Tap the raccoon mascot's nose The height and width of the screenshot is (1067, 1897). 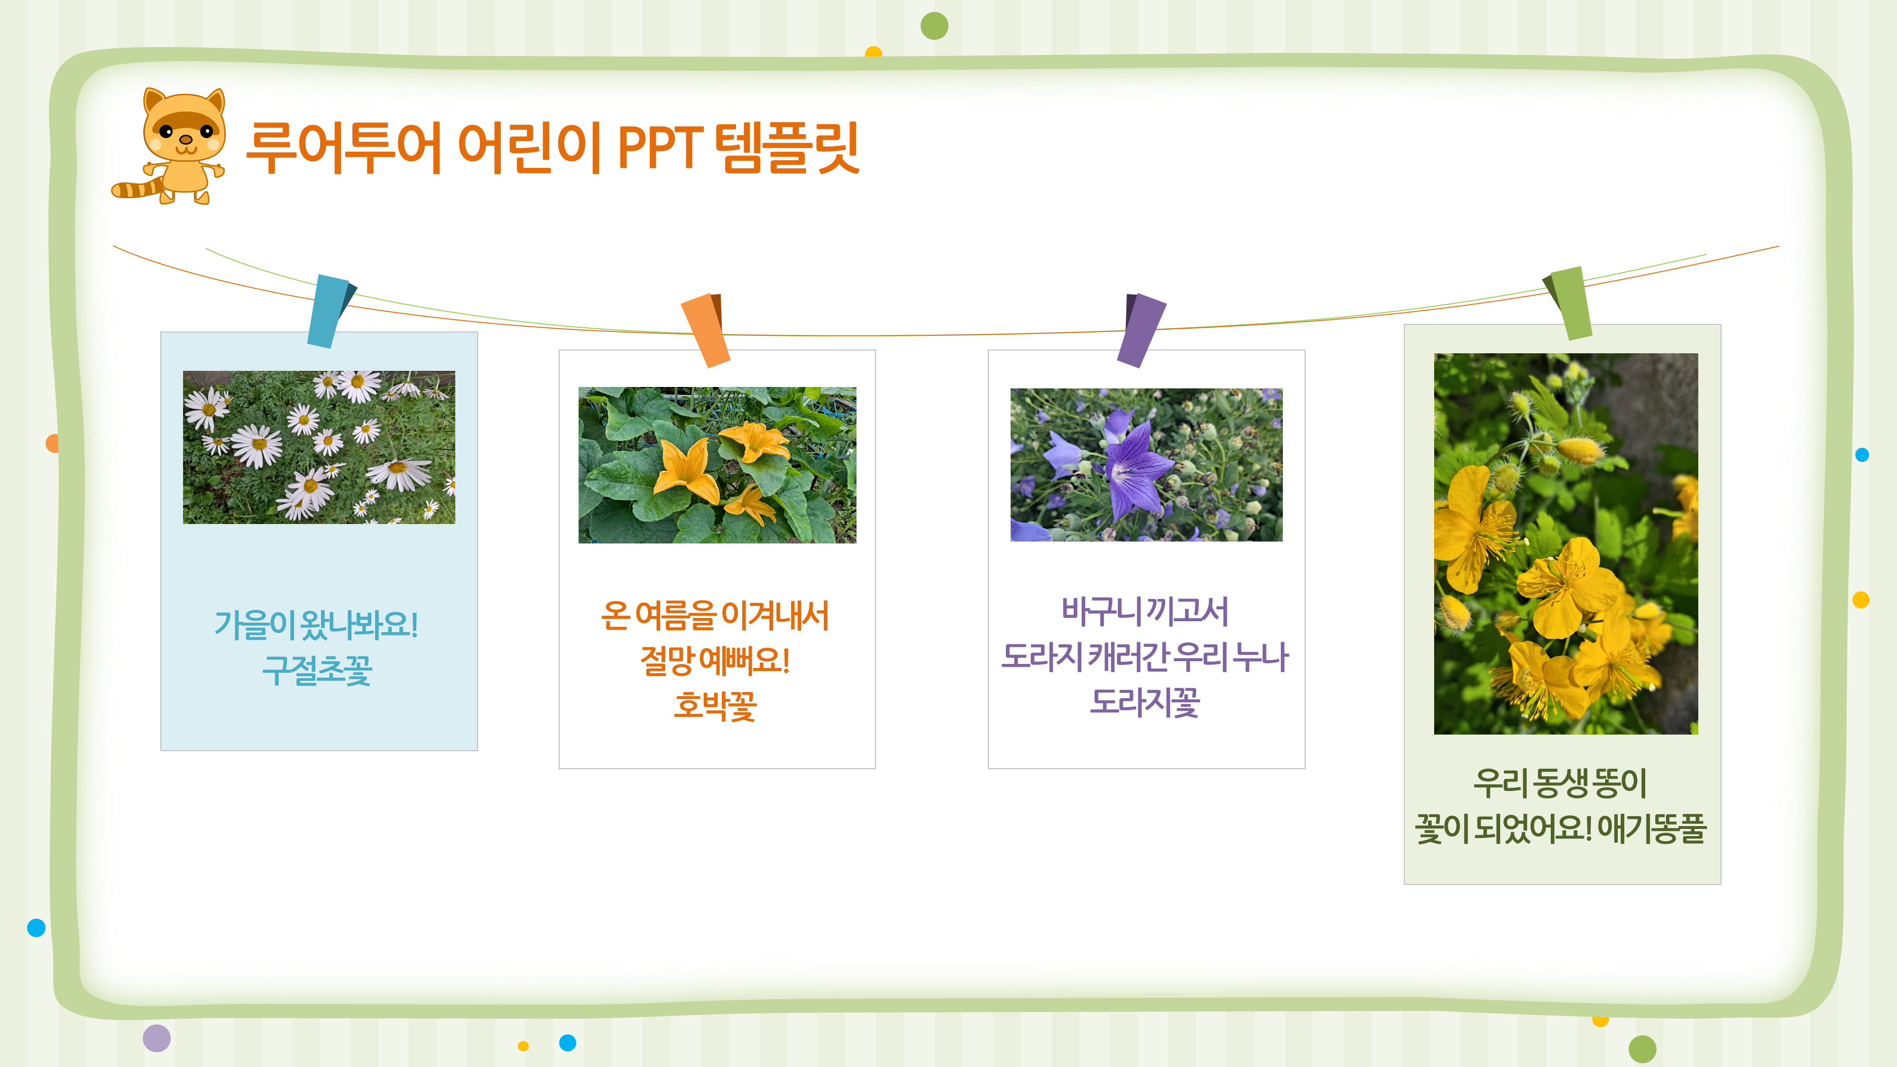tap(185, 139)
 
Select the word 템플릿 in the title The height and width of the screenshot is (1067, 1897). tap(786, 148)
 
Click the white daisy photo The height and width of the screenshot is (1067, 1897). tap(319, 447)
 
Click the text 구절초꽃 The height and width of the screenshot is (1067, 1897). tap(317, 670)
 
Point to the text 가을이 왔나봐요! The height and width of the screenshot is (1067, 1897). tap(317, 625)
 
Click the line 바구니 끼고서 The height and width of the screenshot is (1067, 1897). tap(1145, 611)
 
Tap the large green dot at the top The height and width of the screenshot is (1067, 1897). tap(934, 26)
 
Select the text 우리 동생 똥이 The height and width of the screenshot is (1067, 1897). tap(1560, 782)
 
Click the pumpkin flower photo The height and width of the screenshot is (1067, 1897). tap(717, 465)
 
